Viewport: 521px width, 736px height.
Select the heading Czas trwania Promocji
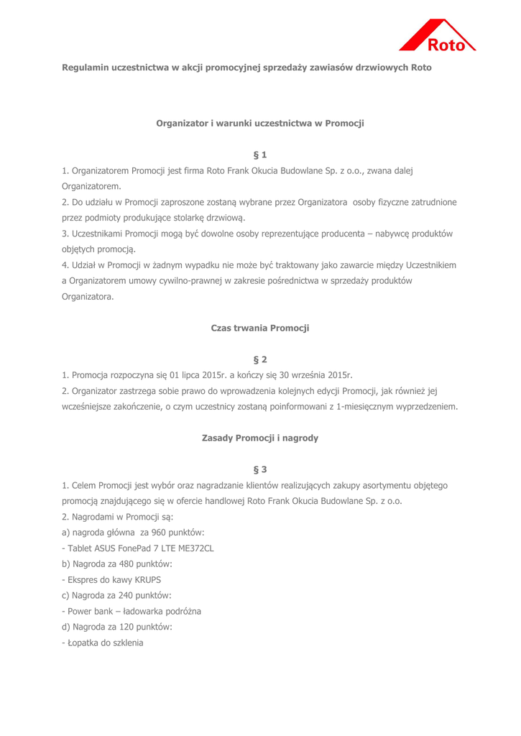click(260, 328)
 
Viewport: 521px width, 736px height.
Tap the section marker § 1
click(260, 154)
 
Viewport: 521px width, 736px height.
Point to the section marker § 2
click(260, 358)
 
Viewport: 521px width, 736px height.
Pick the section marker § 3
click(260, 469)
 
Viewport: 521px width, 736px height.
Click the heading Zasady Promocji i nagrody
click(260, 438)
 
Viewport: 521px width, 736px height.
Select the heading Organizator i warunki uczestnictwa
click(260, 124)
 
